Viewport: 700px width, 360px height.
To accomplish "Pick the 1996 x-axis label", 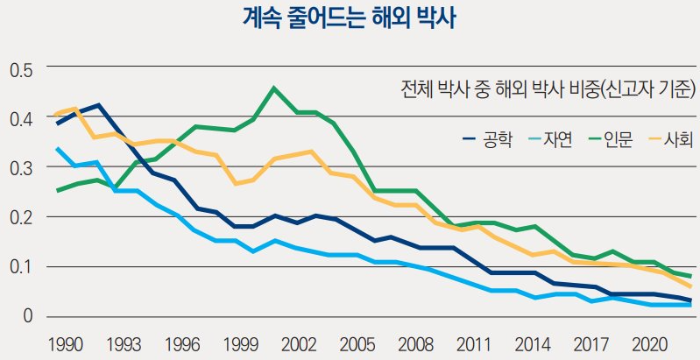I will coord(179,343).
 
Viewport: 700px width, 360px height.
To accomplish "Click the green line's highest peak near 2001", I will coord(274,88).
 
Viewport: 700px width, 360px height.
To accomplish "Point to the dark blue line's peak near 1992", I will coord(98,105).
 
